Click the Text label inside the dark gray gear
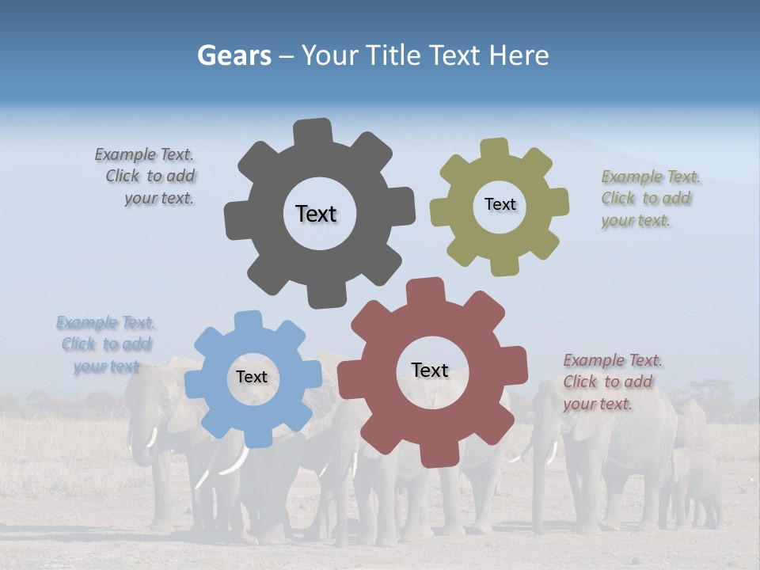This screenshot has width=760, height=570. [316, 214]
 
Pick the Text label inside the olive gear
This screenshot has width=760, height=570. [500, 204]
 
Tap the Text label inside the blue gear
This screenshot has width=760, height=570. [252, 377]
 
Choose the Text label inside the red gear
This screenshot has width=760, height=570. [430, 370]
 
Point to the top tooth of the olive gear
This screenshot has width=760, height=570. [494, 148]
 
